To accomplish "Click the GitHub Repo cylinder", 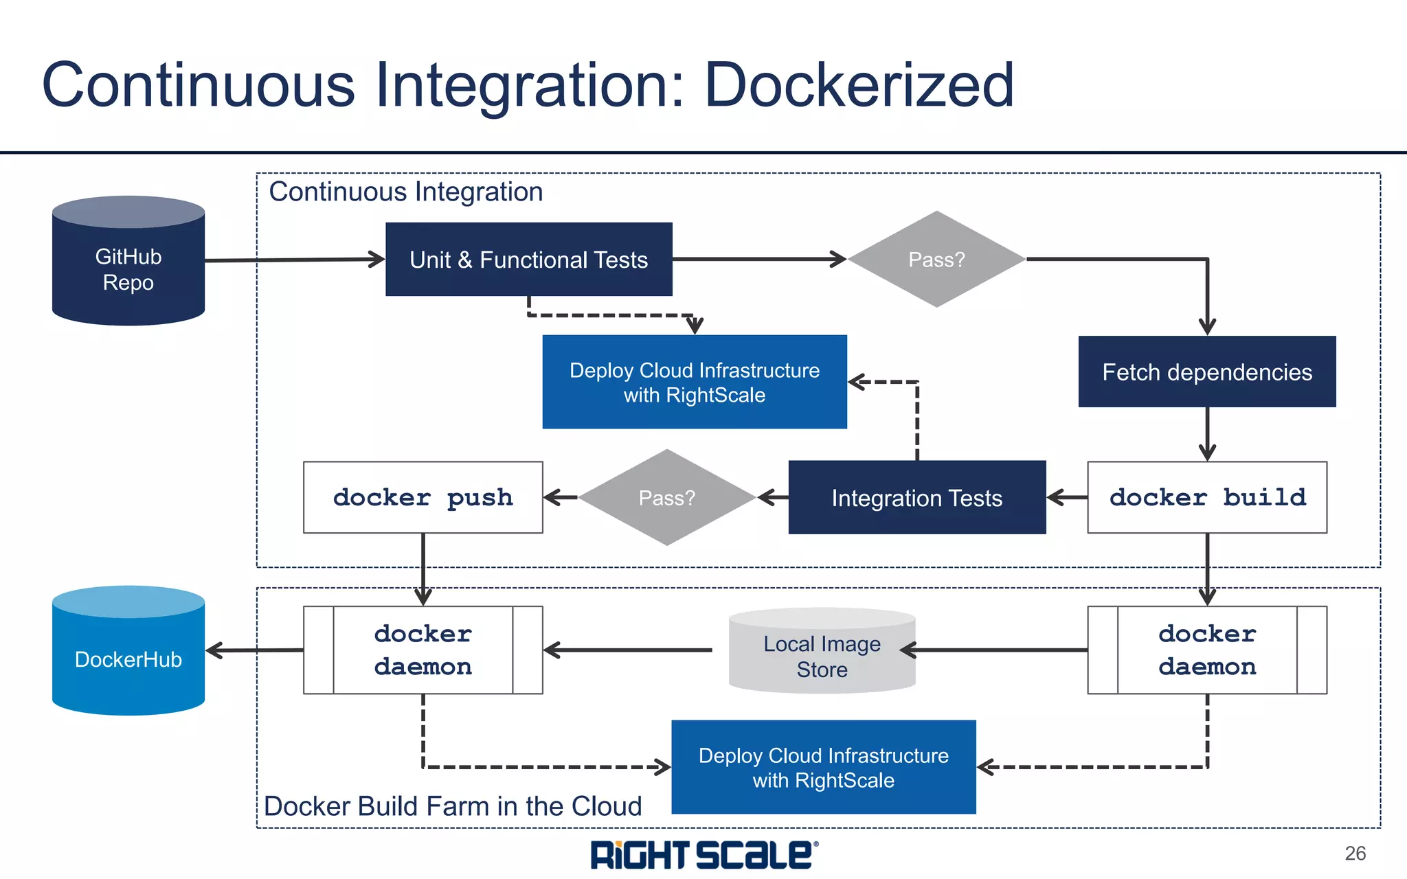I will [x=128, y=268].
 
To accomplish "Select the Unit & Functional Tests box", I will [x=528, y=260].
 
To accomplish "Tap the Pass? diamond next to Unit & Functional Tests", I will [x=936, y=260].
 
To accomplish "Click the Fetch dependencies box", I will [x=1206, y=372].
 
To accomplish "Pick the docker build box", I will [x=1206, y=497].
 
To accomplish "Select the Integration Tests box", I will [x=916, y=498].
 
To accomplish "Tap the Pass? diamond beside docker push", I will [x=666, y=498].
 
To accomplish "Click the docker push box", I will [x=423, y=497].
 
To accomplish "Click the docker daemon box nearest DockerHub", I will [x=423, y=650].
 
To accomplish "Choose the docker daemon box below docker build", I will [x=1206, y=650].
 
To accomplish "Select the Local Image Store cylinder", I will [x=822, y=656].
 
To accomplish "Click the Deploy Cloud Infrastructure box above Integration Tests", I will [x=694, y=383].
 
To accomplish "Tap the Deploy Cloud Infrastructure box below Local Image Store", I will [x=823, y=767].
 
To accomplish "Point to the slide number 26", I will [x=1355, y=854].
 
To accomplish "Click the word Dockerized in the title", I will [x=859, y=85].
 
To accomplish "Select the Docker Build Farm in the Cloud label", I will [x=453, y=806].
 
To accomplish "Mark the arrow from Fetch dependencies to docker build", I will [x=1207, y=433].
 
